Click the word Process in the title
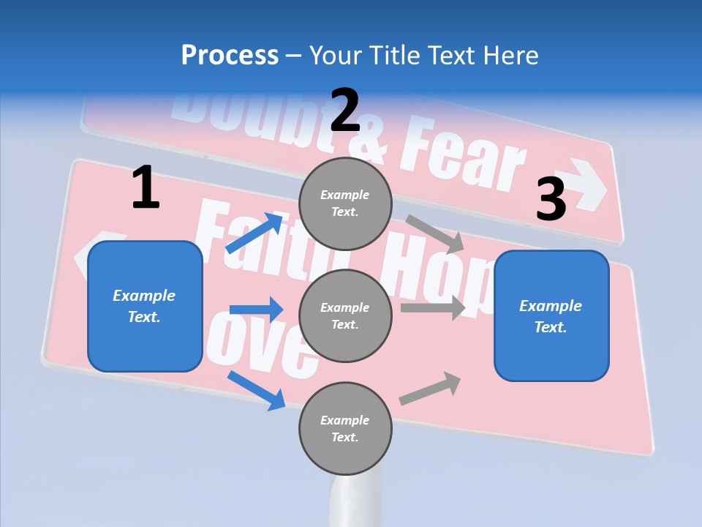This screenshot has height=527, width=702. (230, 56)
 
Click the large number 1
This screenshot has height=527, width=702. (146, 189)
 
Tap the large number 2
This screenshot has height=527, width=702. (345, 111)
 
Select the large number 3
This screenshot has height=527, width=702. (551, 200)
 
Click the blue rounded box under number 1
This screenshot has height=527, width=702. (145, 306)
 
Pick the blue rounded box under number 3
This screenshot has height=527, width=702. (551, 315)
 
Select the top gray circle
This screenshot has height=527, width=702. (345, 203)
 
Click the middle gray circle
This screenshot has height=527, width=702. (345, 315)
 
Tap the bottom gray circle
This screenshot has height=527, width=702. (345, 428)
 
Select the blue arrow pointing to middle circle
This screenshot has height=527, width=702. (256, 310)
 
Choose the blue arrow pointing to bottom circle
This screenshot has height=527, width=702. (256, 390)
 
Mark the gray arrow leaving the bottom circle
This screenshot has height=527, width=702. (430, 389)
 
